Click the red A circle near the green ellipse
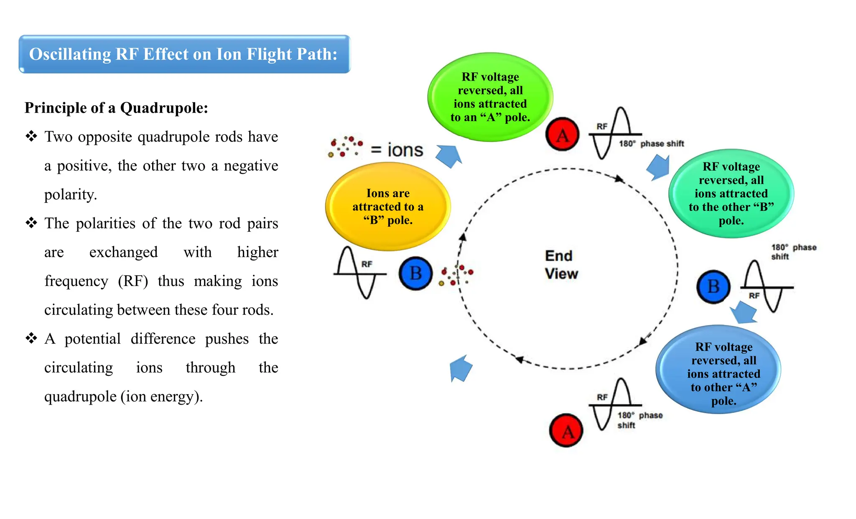coord(563,134)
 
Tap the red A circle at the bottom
coord(566,431)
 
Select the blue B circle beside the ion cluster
coord(416,273)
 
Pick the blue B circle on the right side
coord(713,287)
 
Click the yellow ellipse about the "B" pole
coord(388,207)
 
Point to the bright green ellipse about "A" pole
coord(490,97)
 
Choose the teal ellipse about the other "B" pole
coord(731,193)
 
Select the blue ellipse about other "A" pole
coord(718,370)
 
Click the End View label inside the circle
coord(561,265)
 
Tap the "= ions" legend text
coord(397,150)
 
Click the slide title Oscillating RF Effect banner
coord(184,54)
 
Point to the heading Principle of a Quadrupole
coord(116,108)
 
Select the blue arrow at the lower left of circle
coord(461,368)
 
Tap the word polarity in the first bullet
coord(71,195)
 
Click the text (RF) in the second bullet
coord(133,281)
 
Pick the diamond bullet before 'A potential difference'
coord(31,338)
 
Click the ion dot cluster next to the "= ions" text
coord(345,147)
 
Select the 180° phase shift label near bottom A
coord(639,420)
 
